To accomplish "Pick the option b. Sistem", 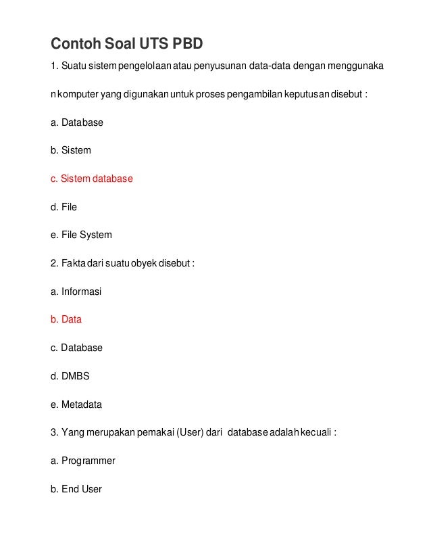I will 70,150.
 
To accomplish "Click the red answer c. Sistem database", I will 92,179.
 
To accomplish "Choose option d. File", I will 64,207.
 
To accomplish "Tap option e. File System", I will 81,235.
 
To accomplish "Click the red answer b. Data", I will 66,319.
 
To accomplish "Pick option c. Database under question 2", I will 76,348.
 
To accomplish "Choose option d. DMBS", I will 70,376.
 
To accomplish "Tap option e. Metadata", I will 76,404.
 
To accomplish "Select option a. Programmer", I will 82,461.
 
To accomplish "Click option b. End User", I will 76,488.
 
